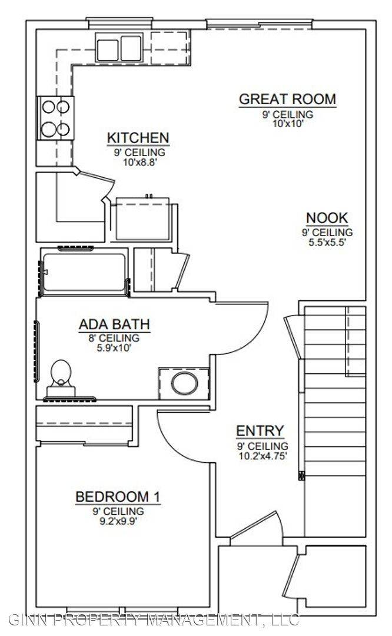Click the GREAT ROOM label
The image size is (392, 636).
(x=287, y=100)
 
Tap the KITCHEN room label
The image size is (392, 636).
(x=138, y=138)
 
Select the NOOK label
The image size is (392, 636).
(x=327, y=218)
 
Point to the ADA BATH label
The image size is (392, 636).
(x=114, y=324)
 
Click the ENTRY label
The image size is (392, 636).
(x=260, y=430)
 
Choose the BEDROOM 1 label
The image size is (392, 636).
(x=118, y=496)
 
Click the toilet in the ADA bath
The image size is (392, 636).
(x=61, y=378)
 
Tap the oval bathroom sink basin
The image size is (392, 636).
(x=184, y=383)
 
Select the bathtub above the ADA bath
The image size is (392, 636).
(x=84, y=271)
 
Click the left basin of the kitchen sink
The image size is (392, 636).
(x=108, y=49)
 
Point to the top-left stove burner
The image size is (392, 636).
(x=49, y=107)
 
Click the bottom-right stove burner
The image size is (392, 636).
(x=63, y=130)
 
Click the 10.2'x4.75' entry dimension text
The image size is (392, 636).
(x=263, y=455)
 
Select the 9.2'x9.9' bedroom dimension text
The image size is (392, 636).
(x=118, y=521)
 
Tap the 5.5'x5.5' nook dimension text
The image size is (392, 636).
(x=327, y=243)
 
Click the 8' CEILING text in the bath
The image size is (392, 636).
(x=114, y=338)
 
